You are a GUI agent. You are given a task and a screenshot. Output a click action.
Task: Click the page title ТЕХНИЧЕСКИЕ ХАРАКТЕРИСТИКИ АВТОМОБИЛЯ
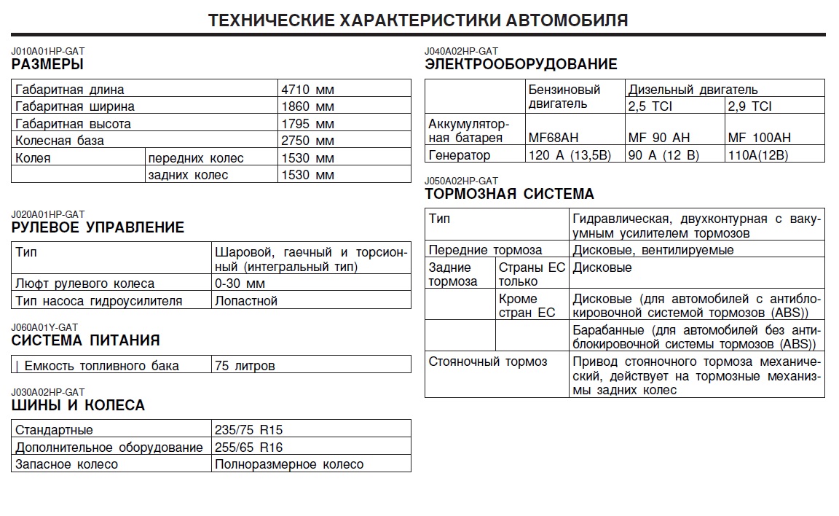418,20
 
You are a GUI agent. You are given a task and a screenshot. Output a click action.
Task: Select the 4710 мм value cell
307,90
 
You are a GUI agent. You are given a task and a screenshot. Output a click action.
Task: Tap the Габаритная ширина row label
69,106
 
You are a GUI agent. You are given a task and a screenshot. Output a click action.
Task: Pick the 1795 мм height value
307,124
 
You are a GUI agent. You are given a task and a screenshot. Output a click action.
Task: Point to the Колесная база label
60,141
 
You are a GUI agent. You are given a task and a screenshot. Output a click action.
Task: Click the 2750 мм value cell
307,141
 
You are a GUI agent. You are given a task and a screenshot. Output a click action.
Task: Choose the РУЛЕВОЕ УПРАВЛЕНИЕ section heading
98,227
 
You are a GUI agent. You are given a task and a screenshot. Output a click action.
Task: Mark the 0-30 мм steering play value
240,284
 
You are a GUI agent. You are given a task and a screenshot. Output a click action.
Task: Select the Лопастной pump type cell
246,300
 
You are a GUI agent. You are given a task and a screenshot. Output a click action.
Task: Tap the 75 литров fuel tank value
245,366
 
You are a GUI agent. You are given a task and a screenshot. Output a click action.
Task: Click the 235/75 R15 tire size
248,430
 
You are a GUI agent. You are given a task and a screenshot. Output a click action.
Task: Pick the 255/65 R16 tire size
248,447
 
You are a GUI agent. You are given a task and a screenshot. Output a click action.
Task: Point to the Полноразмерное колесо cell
289,464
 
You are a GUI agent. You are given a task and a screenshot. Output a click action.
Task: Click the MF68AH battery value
553,138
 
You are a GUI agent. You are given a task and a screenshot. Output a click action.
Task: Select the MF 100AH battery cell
759,138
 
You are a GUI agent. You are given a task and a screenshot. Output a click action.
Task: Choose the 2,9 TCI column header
749,106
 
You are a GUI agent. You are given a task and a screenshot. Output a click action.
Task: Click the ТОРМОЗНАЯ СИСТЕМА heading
509,194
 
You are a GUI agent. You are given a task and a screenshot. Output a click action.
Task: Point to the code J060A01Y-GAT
44,327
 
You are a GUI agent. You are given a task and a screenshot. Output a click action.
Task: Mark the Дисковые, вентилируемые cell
653,250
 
